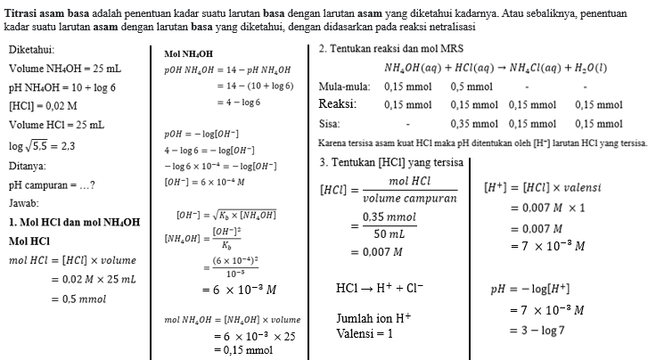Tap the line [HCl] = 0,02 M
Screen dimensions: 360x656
pos(42,105)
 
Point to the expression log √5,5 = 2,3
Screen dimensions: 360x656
pos(42,144)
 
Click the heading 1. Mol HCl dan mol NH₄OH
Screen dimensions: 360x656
pos(73,222)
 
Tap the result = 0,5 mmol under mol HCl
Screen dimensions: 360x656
pos(78,299)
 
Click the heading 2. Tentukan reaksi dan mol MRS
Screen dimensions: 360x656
pos(390,48)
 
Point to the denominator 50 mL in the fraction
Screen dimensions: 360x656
pos(395,233)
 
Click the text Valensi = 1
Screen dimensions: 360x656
pos(365,333)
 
